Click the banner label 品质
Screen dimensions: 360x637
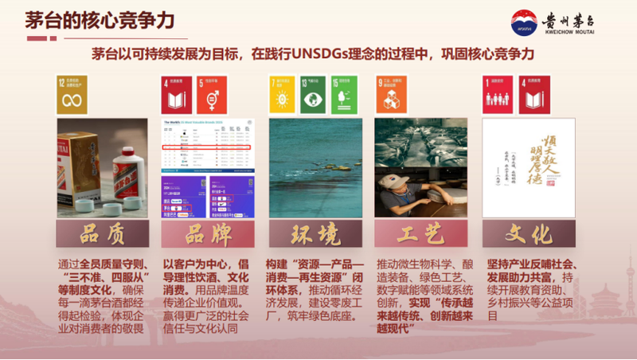[x=101, y=235]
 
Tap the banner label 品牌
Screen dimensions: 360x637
[x=208, y=235]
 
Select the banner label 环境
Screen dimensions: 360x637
[x=315, y=235]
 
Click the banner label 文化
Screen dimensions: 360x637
[x=528, y=235]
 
